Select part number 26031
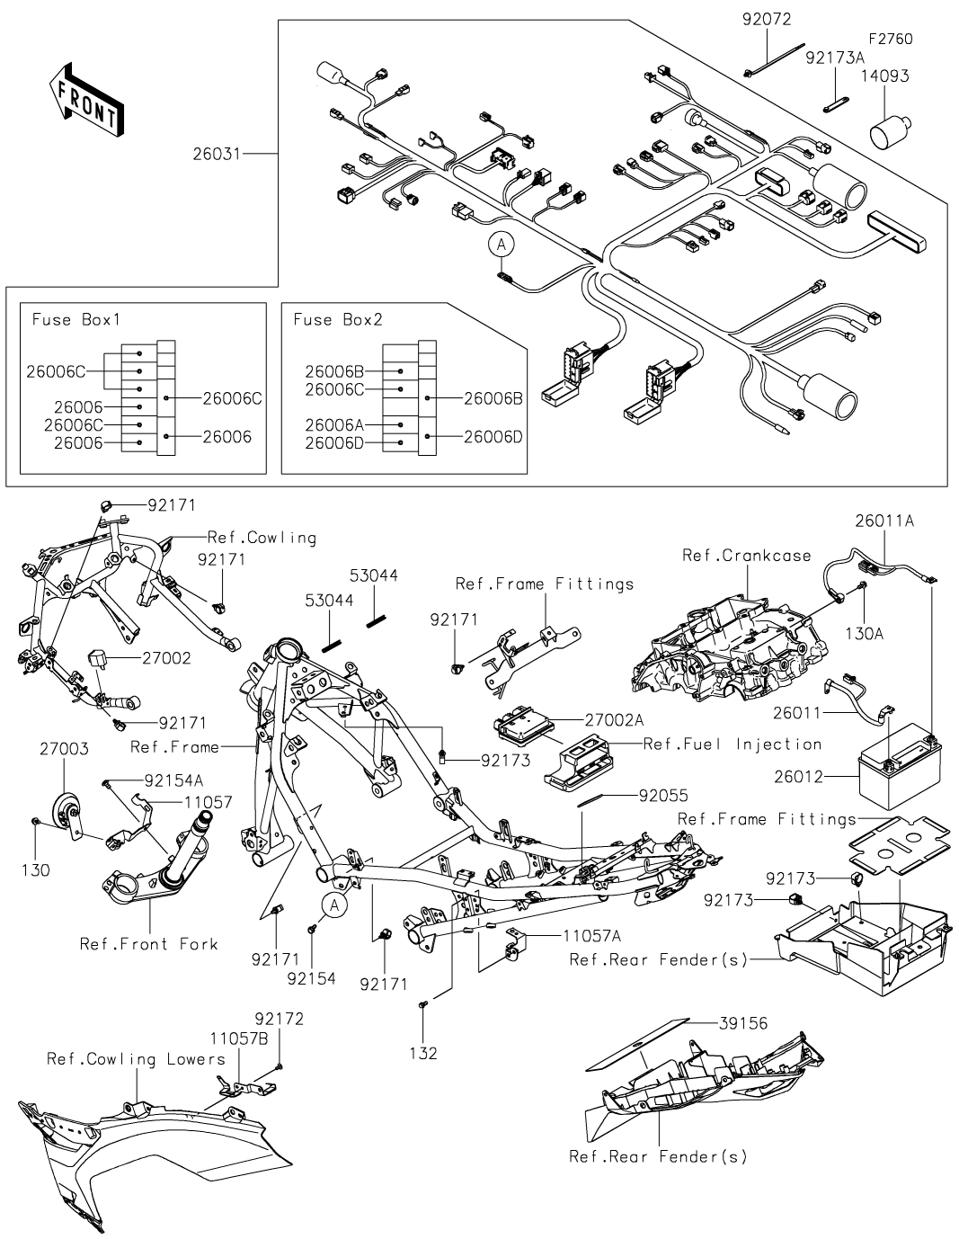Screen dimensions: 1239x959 (217, 155)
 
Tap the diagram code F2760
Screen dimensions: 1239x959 (890, 39)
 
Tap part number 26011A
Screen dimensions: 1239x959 (884, 521)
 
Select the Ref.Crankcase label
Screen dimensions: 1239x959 (747, 556)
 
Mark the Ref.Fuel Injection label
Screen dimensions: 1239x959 (733, 744)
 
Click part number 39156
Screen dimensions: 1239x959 (744, 1022)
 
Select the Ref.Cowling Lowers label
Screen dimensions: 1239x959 (136, 1059)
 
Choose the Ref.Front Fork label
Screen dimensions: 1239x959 (148, 943)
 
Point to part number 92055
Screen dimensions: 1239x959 (664, 796)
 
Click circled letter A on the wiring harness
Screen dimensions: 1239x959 (501, 243)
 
